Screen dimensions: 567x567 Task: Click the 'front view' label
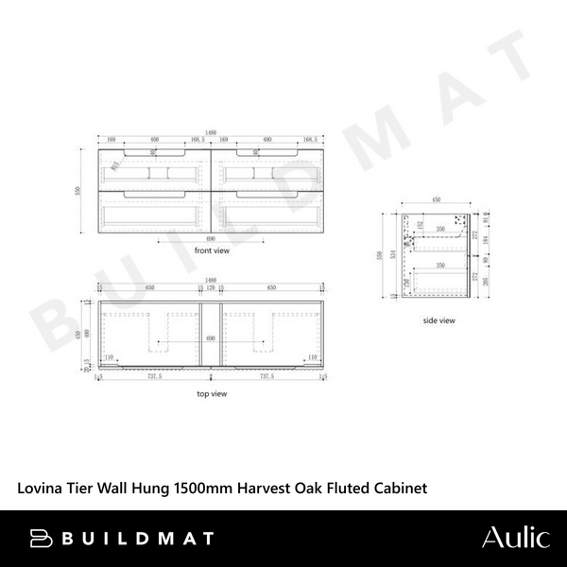[x=213, y=251]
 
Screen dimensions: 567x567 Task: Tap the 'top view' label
[x=212, y=392]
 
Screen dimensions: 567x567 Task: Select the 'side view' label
[x=439, y=320]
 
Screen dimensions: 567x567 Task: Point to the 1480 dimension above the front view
[x=209, y=132]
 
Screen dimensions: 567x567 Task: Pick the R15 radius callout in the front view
[x=113, y=166]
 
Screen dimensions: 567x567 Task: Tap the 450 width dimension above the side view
[x=437, y=200]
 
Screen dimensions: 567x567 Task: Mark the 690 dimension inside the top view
[x=210, y=337]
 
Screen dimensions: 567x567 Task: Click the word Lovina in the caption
[x=40, y=488]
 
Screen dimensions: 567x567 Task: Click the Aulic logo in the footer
[x=515, y=539]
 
